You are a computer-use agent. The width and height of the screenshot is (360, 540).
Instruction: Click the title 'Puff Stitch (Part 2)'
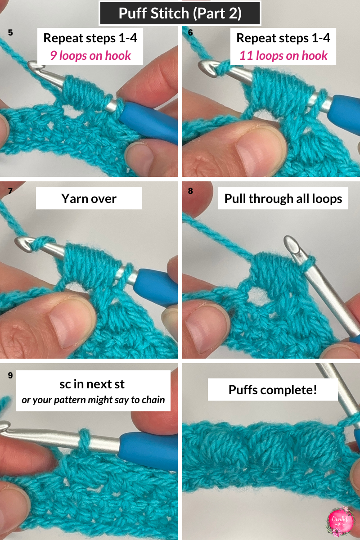pyautogui.click(x=180, y=13)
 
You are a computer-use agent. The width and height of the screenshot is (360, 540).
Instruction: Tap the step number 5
pyautogui.click(x=11, y=32)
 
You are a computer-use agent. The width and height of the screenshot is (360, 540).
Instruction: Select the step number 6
pyautogui.click(x=190, y=32)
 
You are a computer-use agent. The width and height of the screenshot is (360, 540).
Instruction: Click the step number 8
pyautogui.click(x=190, y=191)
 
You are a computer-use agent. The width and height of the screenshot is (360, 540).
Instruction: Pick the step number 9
pyautogui.click(x=11, y=375)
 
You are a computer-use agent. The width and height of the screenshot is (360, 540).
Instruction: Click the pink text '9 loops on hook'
pyautogui.click(x=90, y=55)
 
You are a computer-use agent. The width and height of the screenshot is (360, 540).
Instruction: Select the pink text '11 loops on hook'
pyautogui.click(x=283, y=55)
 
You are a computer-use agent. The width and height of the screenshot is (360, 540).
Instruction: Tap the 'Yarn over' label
pyautogui.click(x=89, y=198)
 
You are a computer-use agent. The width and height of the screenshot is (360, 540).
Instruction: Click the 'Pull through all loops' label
pyautogui.click(x=283, y=198)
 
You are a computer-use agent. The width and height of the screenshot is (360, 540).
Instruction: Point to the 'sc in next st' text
pyautogui.click(x=92, y=384)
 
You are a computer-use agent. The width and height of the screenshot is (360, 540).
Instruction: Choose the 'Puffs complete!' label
pyautogui.click(x=273, y=389)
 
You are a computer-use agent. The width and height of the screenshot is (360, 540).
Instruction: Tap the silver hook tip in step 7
pyautogui.click(x=22, y=243)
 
